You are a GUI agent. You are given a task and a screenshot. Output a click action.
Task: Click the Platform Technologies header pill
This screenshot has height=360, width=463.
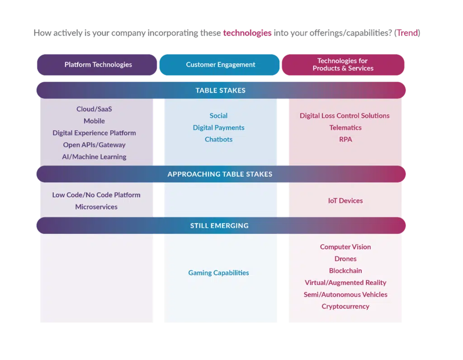click(x=97, y=65)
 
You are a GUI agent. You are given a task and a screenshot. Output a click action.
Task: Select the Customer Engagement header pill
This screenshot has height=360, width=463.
click(x=219, y=65)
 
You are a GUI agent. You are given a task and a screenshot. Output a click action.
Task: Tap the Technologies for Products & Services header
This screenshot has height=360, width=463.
click(x=343, y=65)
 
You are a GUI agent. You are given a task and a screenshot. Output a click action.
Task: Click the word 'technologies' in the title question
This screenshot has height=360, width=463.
click(x=247, y=33)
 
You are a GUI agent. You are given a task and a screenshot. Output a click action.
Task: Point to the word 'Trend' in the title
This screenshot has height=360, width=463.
click(x=407, y=33)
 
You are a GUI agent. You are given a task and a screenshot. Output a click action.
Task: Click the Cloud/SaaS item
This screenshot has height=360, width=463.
click(x=94, y=109)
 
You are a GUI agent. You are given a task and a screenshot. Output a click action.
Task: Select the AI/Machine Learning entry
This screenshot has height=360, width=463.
click(x=94, y=157)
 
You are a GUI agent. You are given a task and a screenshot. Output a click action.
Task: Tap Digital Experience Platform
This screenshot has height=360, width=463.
click(x=94, y=133)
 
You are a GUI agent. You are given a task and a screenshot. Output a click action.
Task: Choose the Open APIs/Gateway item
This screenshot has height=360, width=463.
click(x=94, y=145)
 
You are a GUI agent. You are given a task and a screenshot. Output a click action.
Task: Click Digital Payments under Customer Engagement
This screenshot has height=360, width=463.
click(x=218, y=128)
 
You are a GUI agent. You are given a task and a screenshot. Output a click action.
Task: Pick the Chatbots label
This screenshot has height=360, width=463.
click(x=218, y=139)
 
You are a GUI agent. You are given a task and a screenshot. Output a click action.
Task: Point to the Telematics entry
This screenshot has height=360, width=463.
click(x=345, y=128)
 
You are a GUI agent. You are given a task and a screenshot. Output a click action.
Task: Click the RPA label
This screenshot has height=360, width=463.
click(x=345, y=139)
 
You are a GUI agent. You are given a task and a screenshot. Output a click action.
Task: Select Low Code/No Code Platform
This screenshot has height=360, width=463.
click(x=96, y=195)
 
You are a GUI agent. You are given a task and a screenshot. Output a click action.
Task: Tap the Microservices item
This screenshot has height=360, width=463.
click(x=96, y=207)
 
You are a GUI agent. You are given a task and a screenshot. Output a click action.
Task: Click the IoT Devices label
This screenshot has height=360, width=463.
click(x=345, y=201)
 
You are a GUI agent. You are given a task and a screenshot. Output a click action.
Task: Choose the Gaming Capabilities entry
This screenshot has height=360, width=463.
click(x=218, y=273)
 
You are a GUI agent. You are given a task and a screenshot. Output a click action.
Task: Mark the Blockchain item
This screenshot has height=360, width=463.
click(x=345, y=271)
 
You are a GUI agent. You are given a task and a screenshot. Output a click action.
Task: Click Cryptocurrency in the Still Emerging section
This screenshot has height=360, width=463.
click(x=345, y=307)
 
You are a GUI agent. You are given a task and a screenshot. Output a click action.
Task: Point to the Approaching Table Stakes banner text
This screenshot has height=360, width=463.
click(x=220, y=174)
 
